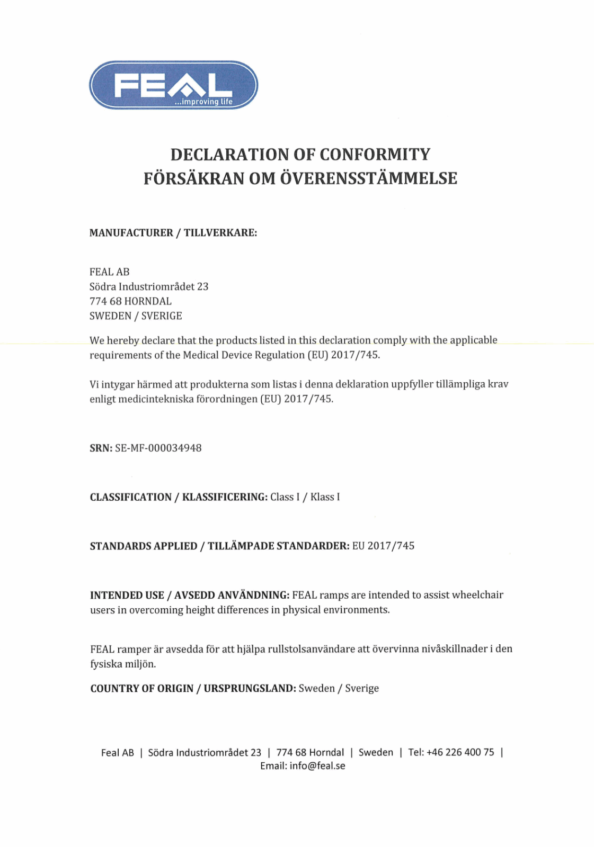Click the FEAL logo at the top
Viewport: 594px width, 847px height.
[173, 85]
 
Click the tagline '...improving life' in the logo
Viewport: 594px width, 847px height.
[204, 102]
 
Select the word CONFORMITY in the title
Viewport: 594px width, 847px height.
[375, 155]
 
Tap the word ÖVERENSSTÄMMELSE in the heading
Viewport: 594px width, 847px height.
[368, 178]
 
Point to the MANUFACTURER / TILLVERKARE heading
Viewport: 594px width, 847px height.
[173, 233]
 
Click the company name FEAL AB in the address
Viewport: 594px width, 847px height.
[110, 272]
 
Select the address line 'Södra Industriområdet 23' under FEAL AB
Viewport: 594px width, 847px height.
[149, 287]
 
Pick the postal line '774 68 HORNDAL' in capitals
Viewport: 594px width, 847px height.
[130, 301]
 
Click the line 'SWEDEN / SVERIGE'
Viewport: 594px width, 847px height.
[136, 316]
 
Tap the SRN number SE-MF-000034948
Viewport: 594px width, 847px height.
[158, 448]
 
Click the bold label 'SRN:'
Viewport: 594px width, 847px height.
[101, 448]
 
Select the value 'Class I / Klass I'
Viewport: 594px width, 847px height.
[305, 497]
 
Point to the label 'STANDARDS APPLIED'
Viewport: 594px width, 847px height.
[144, 546]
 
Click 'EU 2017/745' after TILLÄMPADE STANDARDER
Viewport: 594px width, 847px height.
[383, 546]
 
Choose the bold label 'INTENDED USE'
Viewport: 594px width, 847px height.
[127, 596]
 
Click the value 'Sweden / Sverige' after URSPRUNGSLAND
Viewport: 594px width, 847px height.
[339, 689]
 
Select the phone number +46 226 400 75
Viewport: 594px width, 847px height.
[460, 752]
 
